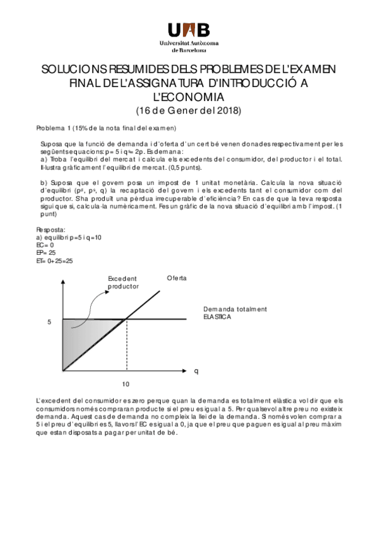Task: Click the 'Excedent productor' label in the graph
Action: (x=123, y=282)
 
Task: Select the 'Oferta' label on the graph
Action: (x=177, y=278)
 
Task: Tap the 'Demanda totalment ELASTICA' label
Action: (x=235, y=313)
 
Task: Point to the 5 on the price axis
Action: (x=49, y=322)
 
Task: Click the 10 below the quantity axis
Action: (x=126, y=383)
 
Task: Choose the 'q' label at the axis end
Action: (x=196, y=371)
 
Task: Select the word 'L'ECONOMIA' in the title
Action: (x=189, y=97)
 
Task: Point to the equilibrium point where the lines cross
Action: (x=127, y=319)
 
